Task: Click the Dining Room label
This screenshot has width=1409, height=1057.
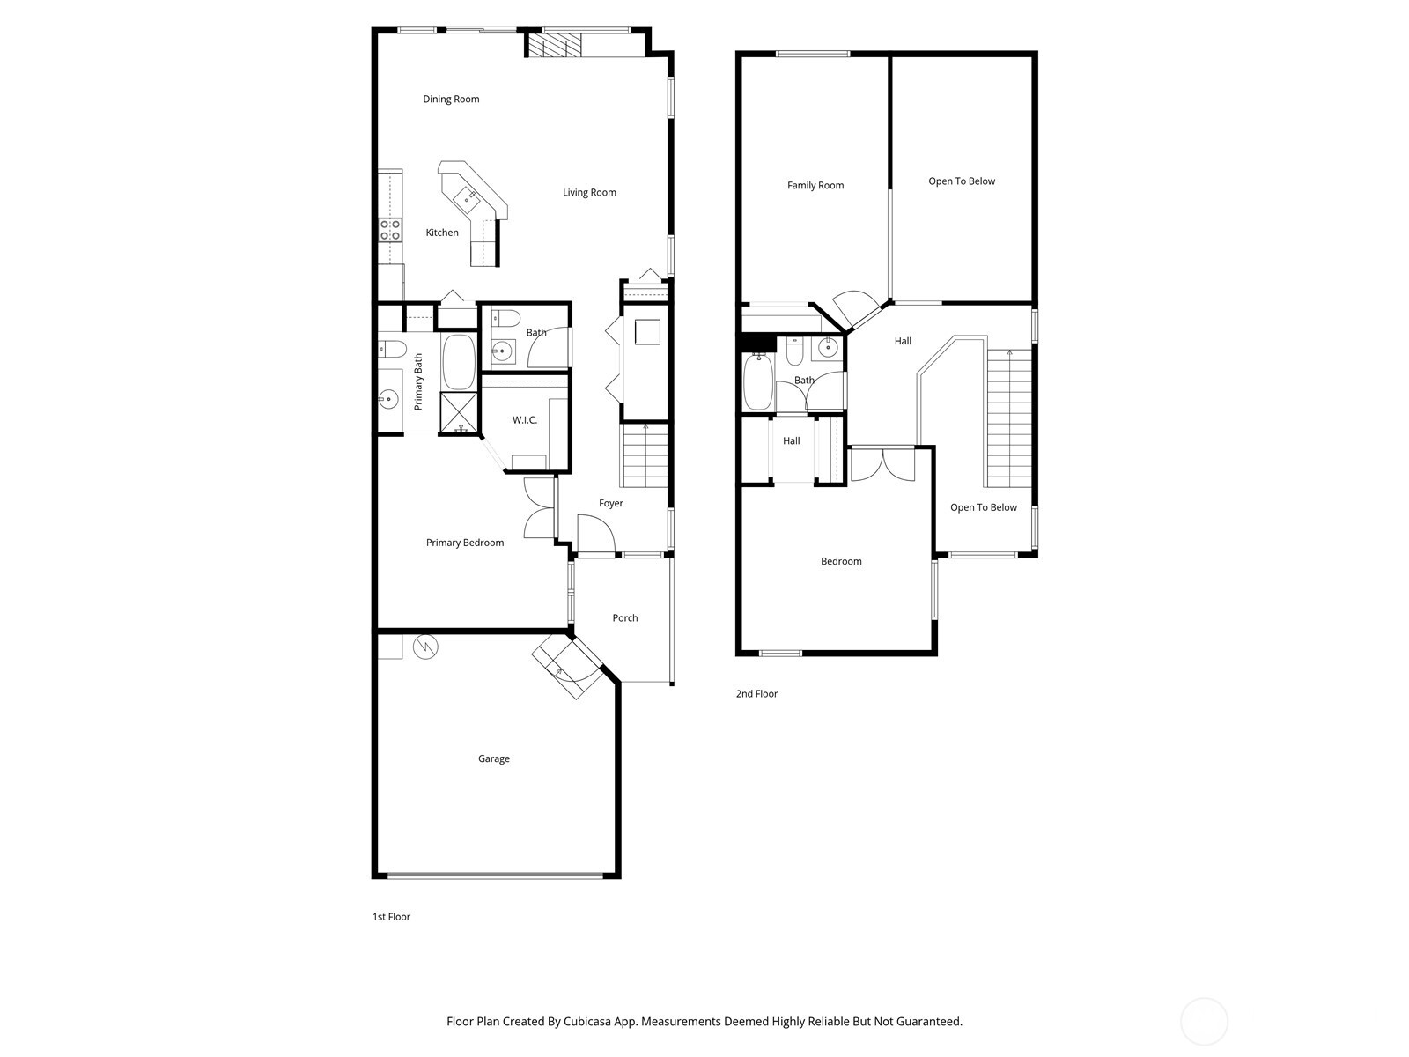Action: (x=451, y=100)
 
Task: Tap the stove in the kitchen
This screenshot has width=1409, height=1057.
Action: (x=390, y=230)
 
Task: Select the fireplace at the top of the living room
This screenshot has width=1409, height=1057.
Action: (x=555, y=46)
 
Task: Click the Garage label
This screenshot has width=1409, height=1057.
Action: (x=493, y=758)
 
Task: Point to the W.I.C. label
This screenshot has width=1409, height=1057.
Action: (x=525, y=420)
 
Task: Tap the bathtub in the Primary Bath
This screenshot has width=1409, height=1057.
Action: (x=458, y=362)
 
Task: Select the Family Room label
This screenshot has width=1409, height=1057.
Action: (x=815, y=186)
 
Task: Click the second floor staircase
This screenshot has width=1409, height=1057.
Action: (x=1008, y=417)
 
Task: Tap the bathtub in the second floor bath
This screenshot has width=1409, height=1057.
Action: (x=757, y=381)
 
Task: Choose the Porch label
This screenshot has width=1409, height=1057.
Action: (x=625, y=618)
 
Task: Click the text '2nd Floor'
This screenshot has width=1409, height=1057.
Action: (x=756, y=694)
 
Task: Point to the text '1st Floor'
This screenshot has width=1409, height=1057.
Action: (x=391, y=917)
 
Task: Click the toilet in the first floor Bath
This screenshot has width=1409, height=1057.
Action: (x=505, y=318)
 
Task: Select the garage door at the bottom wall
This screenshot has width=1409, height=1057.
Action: (x=495, y=875)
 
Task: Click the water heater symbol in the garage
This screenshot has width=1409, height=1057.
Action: (x=426, y=647)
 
